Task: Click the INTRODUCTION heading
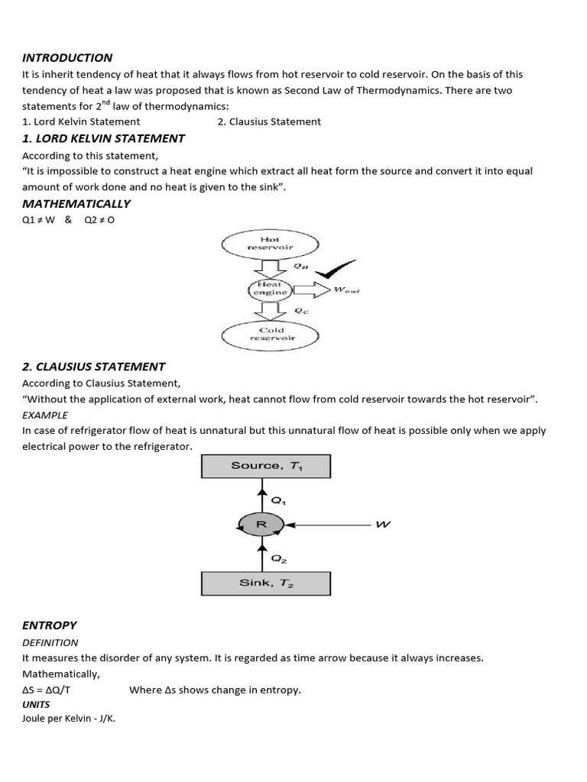[67, 57]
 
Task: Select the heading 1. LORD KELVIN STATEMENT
[103, 138]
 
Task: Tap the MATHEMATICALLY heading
[76, 204]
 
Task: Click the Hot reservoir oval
[269, 244]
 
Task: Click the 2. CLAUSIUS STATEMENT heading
[94, 367]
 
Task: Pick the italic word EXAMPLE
[45, 415]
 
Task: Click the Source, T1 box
[266, 466]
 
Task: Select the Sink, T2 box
[266, 583]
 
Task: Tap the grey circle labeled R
[261, 525]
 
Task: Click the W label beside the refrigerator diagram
[383, 525]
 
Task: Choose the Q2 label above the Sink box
[279, 558]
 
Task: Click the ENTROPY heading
[50, 625]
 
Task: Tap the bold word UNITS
[36, 704]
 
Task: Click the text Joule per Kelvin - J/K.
[69, 719]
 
